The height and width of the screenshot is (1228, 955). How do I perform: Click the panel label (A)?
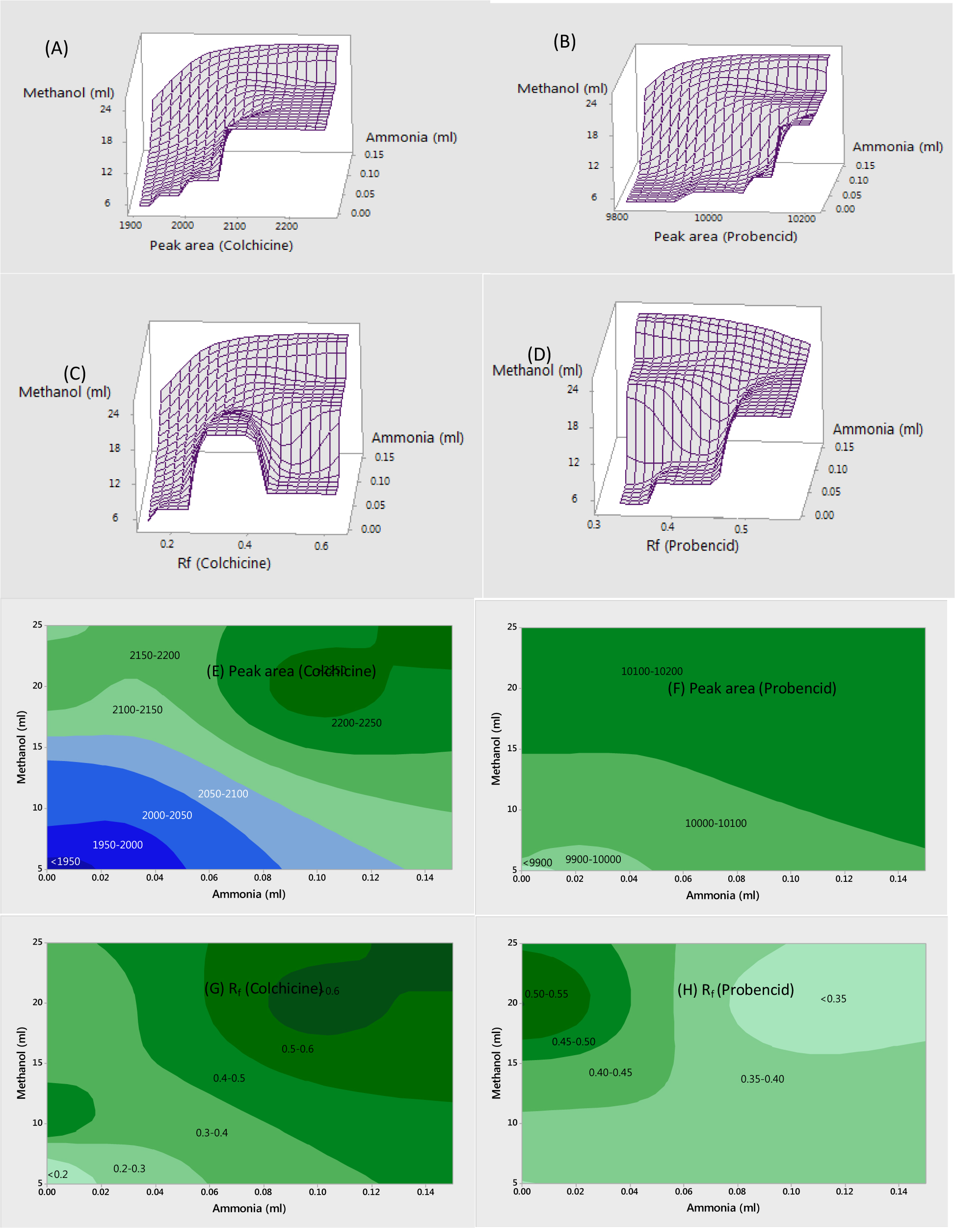click(56, 48)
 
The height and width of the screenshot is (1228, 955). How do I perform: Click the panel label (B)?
click(564, 42)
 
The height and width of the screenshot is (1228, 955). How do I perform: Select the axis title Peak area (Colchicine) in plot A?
click(221, 245)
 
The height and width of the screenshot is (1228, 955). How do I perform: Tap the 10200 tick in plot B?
click(801, 218)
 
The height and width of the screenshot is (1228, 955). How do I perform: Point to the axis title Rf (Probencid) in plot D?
click(692, 546)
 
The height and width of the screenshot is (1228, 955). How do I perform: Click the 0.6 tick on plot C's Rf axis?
click(321, 546)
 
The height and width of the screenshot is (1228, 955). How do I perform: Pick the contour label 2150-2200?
click(155, 655)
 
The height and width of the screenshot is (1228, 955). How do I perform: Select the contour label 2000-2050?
click(167, 815)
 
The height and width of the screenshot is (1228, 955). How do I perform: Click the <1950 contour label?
click(65, 861)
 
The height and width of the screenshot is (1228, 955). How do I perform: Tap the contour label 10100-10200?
click(651, 671)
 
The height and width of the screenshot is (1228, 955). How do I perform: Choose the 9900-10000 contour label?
click(593, 859)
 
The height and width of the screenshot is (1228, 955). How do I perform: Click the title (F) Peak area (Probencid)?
click(751, 688)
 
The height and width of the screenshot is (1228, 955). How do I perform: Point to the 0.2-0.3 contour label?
click(129, 1169)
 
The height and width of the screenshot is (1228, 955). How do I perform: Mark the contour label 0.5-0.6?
click(297, 1049)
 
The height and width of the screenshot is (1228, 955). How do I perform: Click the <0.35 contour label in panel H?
click(833, 999)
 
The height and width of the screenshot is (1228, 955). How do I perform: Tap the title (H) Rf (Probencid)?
click(735, 989)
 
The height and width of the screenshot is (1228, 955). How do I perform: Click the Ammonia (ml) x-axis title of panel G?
click(249, 1208)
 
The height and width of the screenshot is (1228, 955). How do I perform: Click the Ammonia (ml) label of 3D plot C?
click(417, 437)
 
